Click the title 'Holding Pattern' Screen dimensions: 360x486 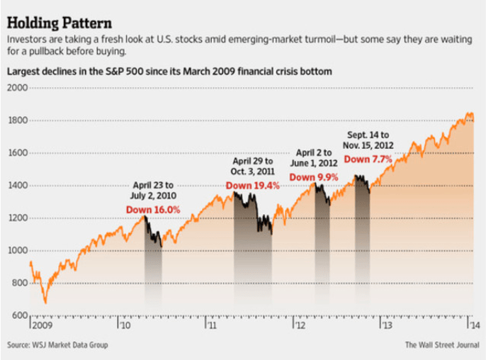(56, 15)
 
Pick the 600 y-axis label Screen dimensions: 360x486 (17, 315)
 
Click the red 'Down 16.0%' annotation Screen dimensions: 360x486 (152, 210)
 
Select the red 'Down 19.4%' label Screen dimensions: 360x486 (253, 186)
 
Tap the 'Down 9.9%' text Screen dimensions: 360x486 (311, 176)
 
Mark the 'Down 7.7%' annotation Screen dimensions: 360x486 (368, 159)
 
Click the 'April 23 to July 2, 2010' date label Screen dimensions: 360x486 (153, 190)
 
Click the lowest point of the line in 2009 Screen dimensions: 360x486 (45, 303)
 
